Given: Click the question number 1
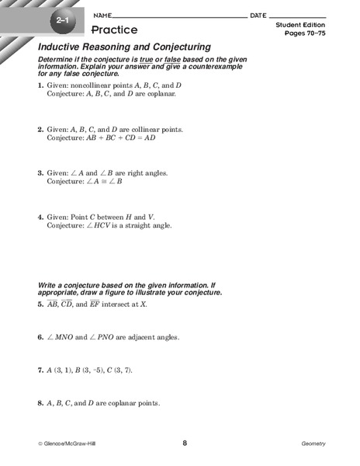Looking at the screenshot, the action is [x=40, y=84].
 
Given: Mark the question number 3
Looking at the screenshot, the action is [x=40, y=172].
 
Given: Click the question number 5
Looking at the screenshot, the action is [x=40, y=304].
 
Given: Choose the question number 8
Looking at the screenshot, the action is [x=40, y=404].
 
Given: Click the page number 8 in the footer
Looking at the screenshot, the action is [x=185, y=443].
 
